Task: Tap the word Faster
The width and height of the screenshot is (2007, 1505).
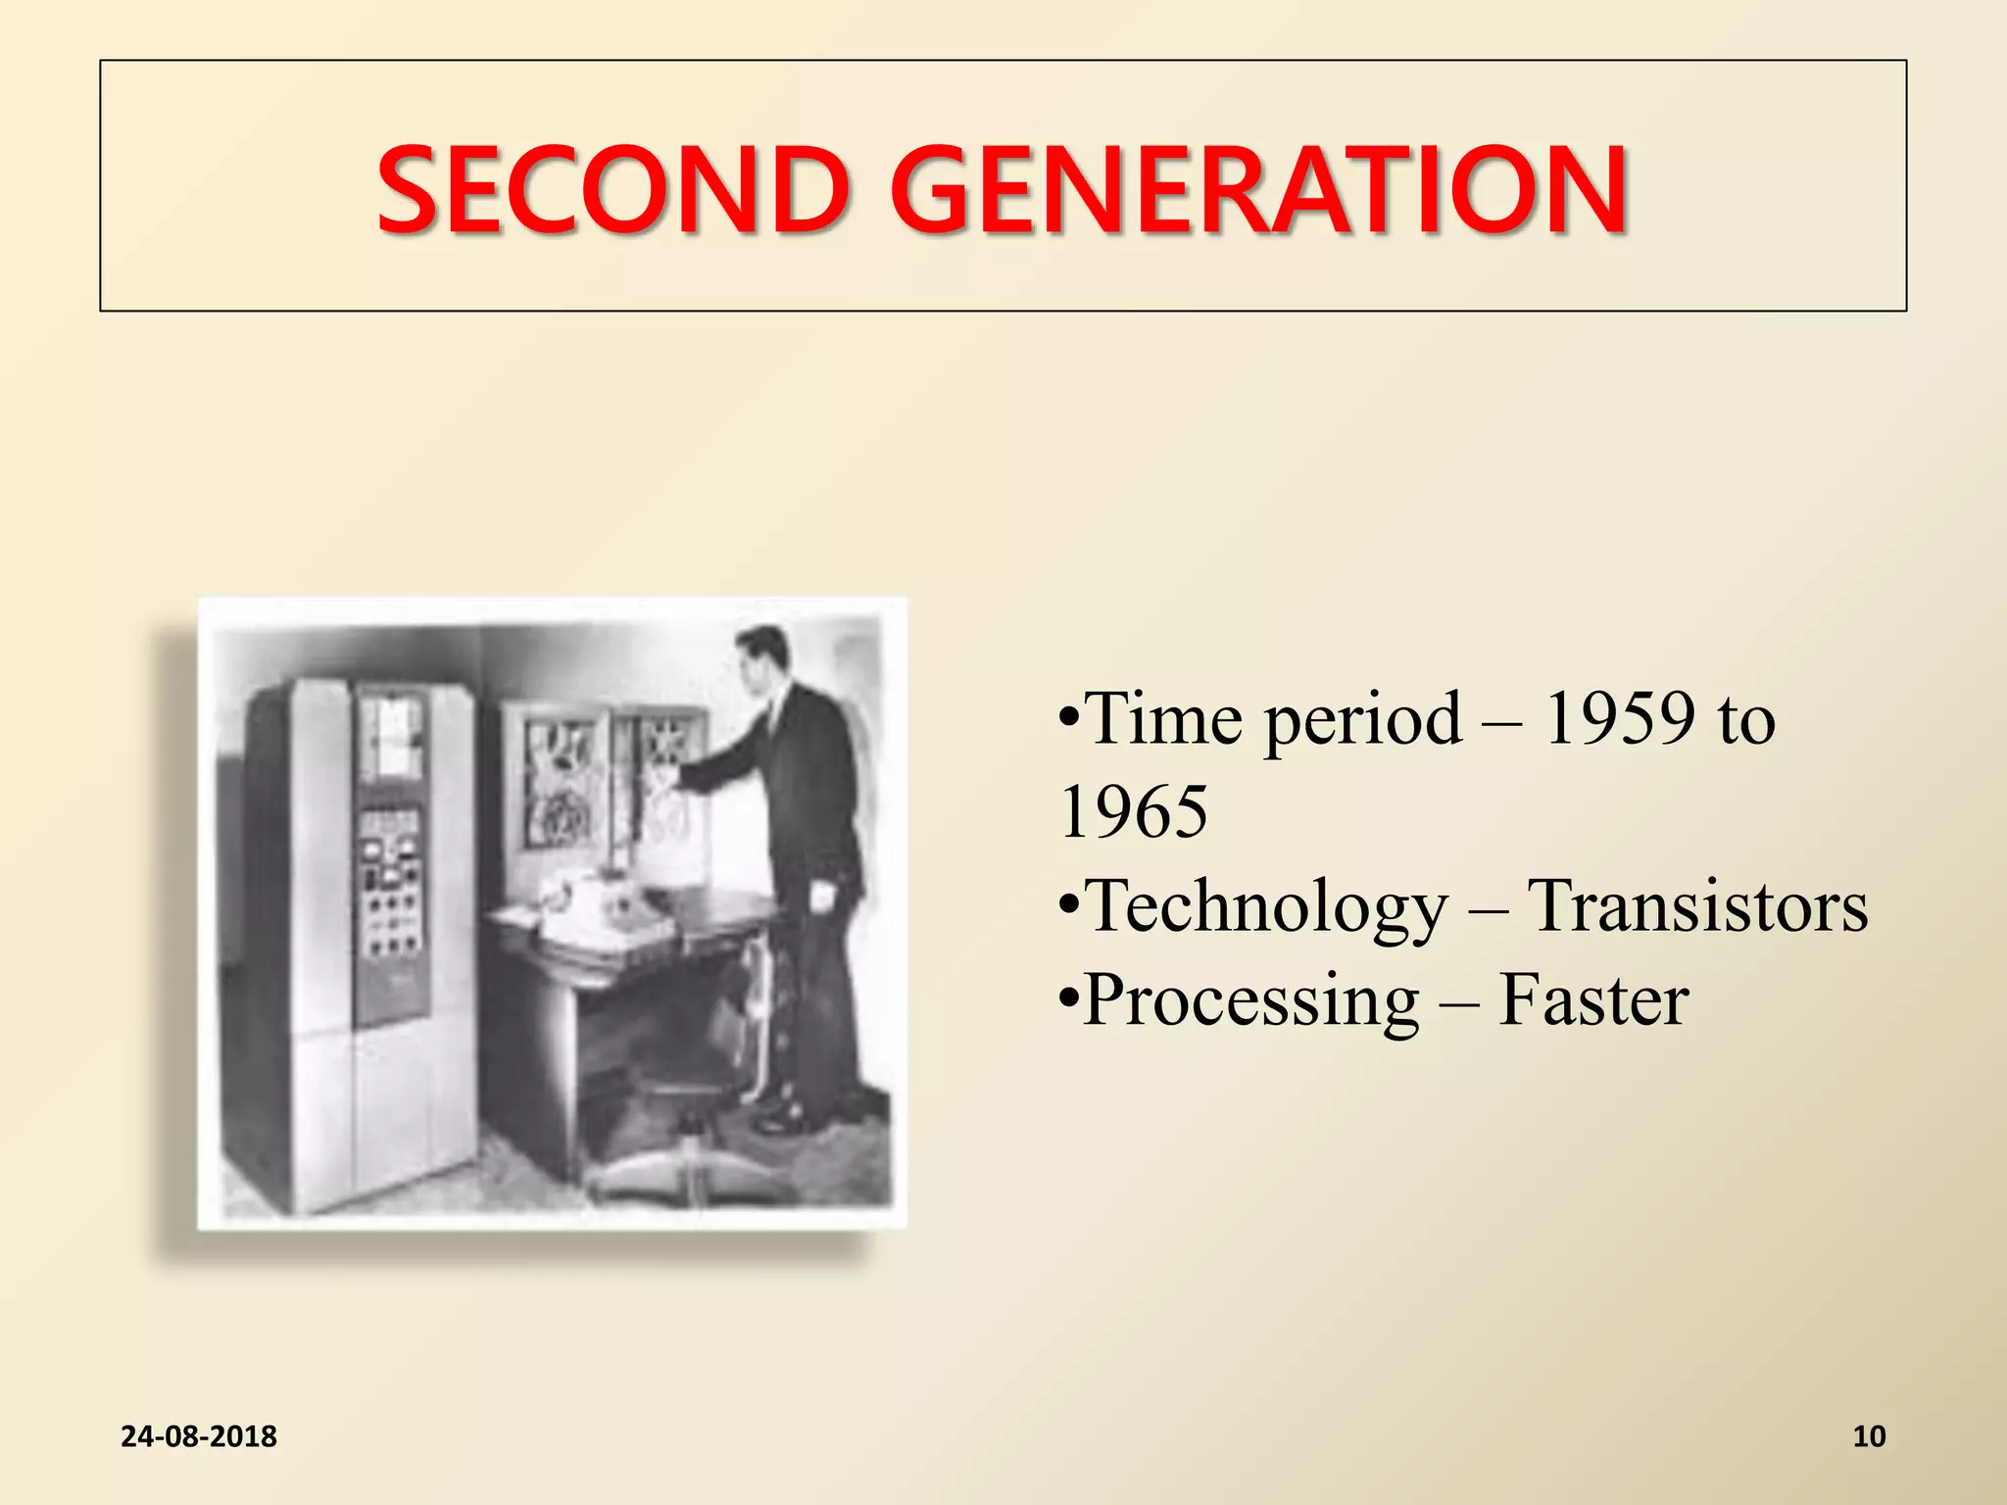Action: pyautogui.click(x=1593, y=1000)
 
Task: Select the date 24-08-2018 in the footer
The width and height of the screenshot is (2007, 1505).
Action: pyautogui.click(x=199, y=1435)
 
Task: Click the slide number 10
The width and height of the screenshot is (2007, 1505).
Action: pyautogui.click(x=1869, y=1435)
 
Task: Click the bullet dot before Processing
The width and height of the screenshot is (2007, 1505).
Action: pyautogui.click(x=1069, y=1000)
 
